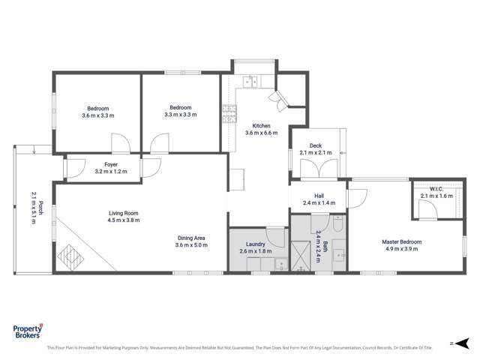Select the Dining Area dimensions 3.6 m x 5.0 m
(x=190, y=245)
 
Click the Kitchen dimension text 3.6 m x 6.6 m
(x=261, y=133)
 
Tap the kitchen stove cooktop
(x=224, y=113)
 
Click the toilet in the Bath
(x=338, y=224)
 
